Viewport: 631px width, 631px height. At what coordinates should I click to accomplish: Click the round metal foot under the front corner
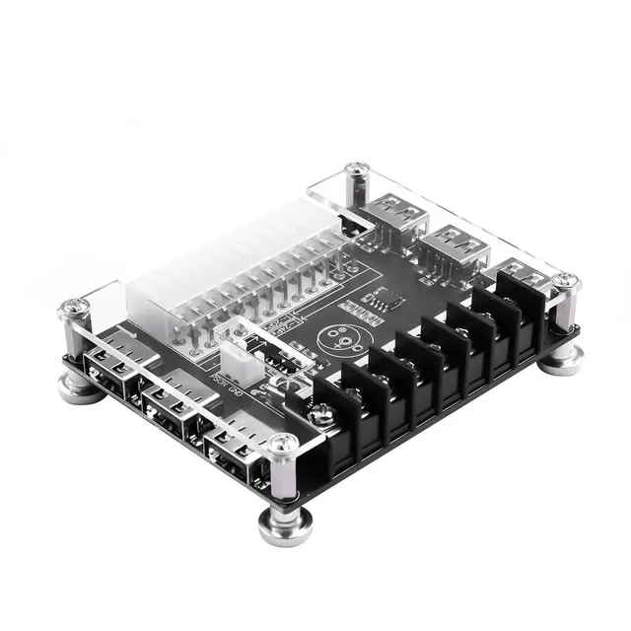(x=286, y=523)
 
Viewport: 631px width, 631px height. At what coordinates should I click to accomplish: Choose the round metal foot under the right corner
(x=563, y=357)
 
